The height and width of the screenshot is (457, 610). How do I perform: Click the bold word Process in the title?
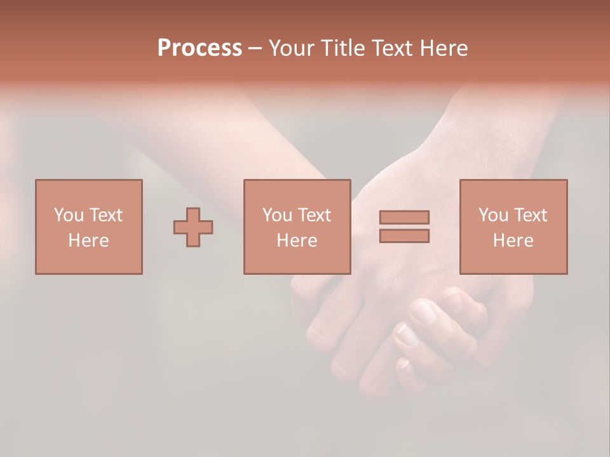point(200,48)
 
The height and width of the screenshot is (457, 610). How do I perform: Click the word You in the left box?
point(68,215)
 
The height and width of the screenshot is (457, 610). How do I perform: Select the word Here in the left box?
point(88,241)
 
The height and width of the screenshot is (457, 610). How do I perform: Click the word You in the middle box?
point(276,215)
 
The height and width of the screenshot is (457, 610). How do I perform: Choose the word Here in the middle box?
point(297,241)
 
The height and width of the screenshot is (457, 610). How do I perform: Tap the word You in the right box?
point(492,215)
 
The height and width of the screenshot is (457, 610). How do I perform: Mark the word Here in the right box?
point(513,241)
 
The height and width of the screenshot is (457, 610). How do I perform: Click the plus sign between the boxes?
point(193,227)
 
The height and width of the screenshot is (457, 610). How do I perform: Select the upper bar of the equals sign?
point(404,217)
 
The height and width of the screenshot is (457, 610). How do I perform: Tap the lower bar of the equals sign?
point(404,235)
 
